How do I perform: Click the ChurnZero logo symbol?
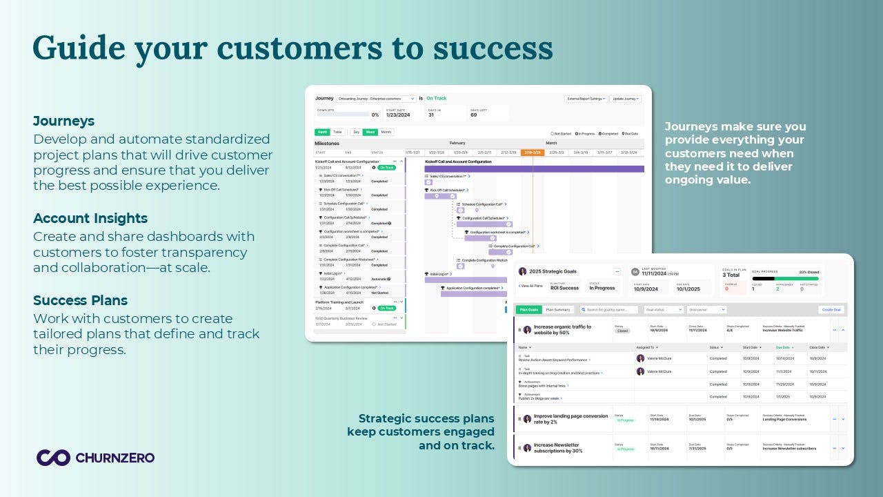tap(53, 457)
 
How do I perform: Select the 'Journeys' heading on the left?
tap(64, 121)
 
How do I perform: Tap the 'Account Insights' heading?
tap(90, 218)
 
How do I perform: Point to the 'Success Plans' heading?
tap(80, 300)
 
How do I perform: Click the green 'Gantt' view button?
tap(322, 132)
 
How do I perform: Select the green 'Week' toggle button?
tap(370, 132)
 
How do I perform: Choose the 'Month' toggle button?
tap(386, 132)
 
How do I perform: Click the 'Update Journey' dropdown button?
tap(626, 99)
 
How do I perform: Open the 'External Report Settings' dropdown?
tap(586, 99)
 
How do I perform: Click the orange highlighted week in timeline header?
tap(532, 153)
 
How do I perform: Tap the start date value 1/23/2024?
tap(398, 115)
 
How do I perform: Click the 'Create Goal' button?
tap(832, 310)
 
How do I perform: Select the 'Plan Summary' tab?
tap(558, 310)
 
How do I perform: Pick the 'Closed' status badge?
tap(622, 331)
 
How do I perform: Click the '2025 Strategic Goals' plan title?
tap(552, 271)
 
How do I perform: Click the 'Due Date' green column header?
tap(784, 347)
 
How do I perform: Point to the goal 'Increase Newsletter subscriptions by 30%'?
tap(557, 448)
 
